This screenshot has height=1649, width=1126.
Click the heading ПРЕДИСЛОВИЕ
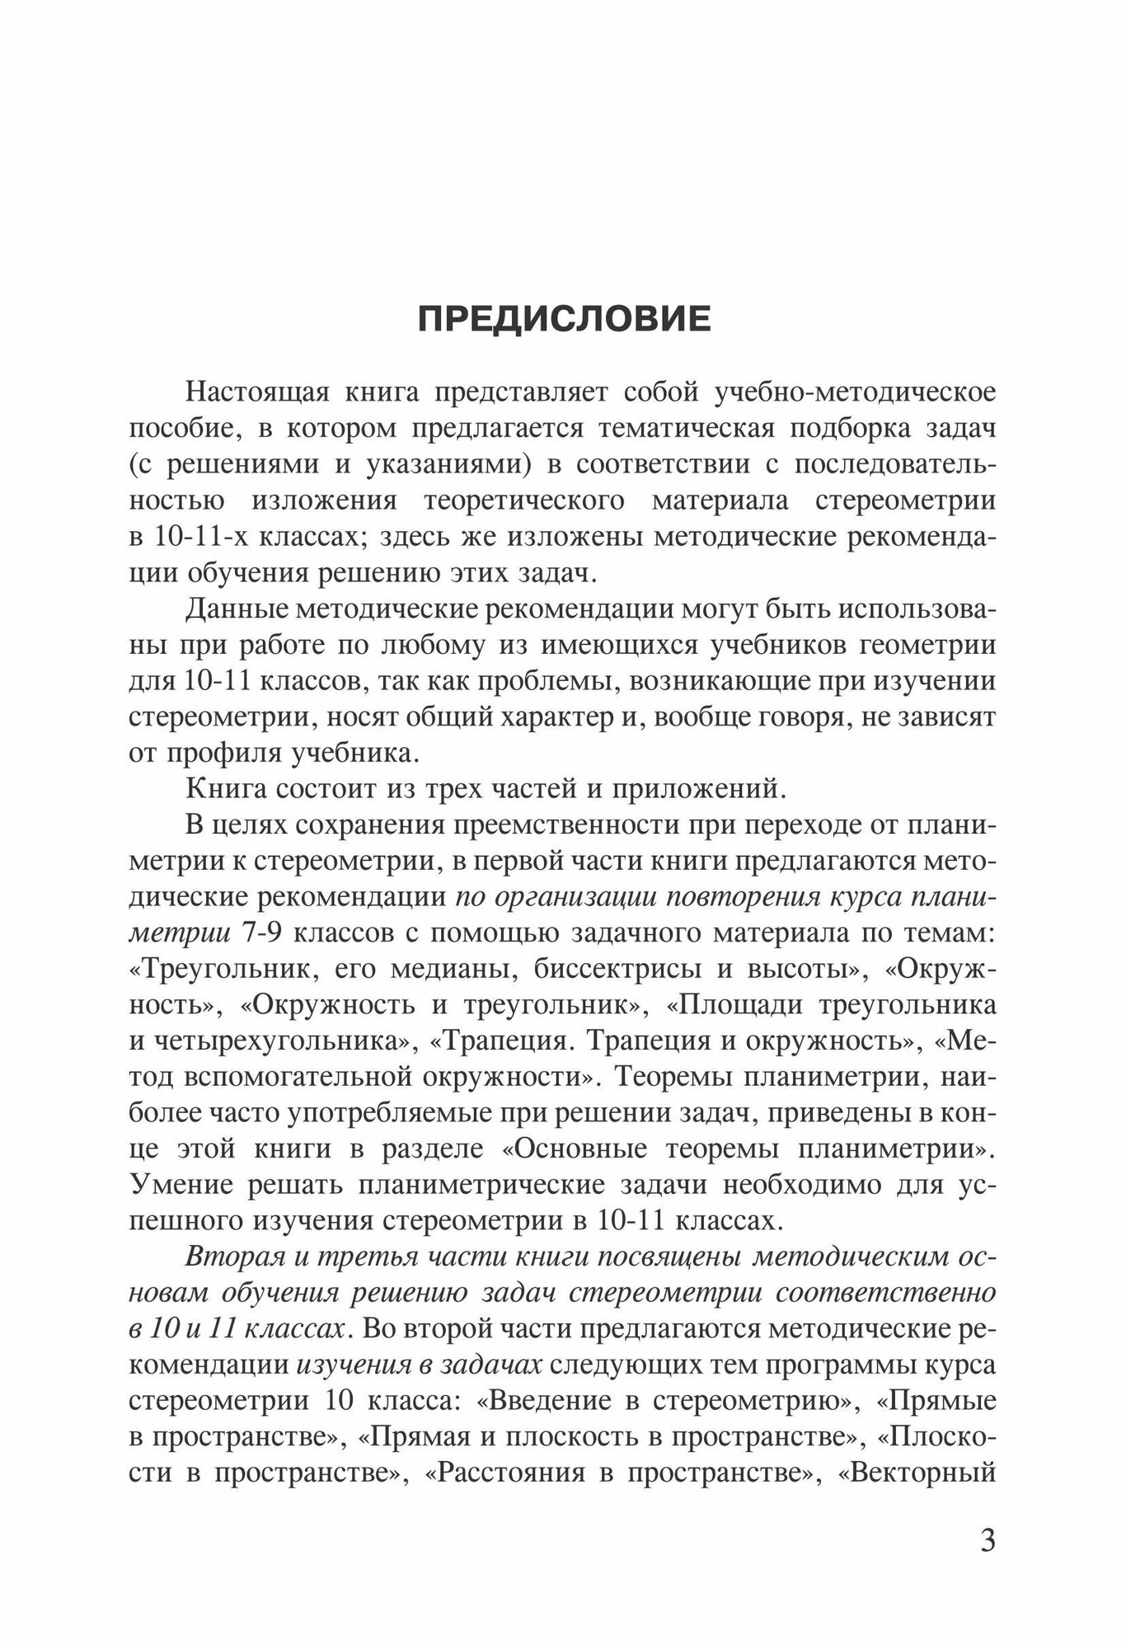(564, 319)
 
